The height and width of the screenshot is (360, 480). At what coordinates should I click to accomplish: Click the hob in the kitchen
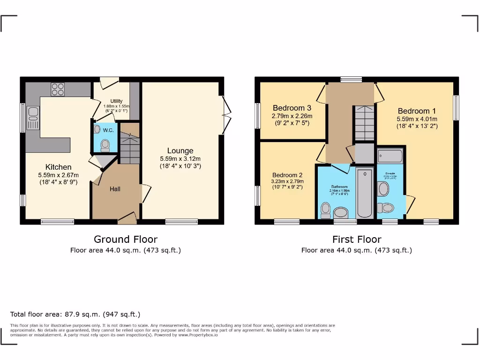[x=58, y=89]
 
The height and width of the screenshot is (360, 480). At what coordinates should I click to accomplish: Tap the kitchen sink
[x=33, y=118]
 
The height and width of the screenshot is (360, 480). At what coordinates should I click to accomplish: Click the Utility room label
[x=116, y=101]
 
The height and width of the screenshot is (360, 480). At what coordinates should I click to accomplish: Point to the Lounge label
[x=180, y=151]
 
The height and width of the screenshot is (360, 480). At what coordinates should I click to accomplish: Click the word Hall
[x=115, y=189]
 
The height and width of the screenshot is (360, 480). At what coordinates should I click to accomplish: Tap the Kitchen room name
[x=59, y=167]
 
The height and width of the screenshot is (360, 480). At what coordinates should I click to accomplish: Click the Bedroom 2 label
[x=287, y=175]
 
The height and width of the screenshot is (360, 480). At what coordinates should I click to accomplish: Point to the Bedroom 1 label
[x=417, y=111]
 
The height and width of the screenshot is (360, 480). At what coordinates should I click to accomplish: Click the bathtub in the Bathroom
[x=364, y=193]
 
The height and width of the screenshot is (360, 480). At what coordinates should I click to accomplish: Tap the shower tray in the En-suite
[x=390, y=156]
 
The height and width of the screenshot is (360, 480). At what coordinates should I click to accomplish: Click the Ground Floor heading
[x=126, y=240]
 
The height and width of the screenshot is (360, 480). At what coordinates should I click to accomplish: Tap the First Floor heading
[x=357, y=240]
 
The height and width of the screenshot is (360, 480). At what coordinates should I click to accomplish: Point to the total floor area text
[x=75, y=314]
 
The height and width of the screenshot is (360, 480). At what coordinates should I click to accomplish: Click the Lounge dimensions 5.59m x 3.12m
[x=180, y=159]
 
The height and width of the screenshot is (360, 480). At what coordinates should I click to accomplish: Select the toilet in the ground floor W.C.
[x=105, y=145]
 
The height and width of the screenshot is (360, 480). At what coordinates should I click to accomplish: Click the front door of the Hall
[x=127, y=217]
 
